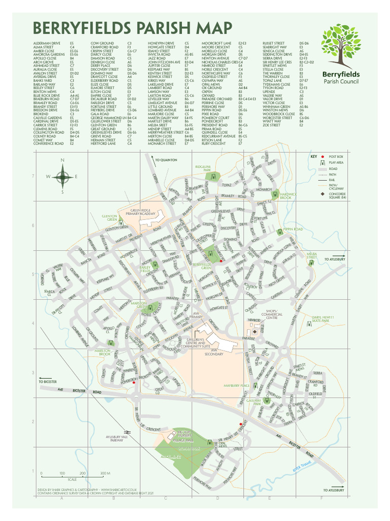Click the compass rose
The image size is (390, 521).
point(62,177)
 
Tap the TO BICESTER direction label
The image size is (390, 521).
point(48,381)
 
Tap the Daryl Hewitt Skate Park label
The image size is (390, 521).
point(322,319)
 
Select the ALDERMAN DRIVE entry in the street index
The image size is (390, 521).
point(47,44)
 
